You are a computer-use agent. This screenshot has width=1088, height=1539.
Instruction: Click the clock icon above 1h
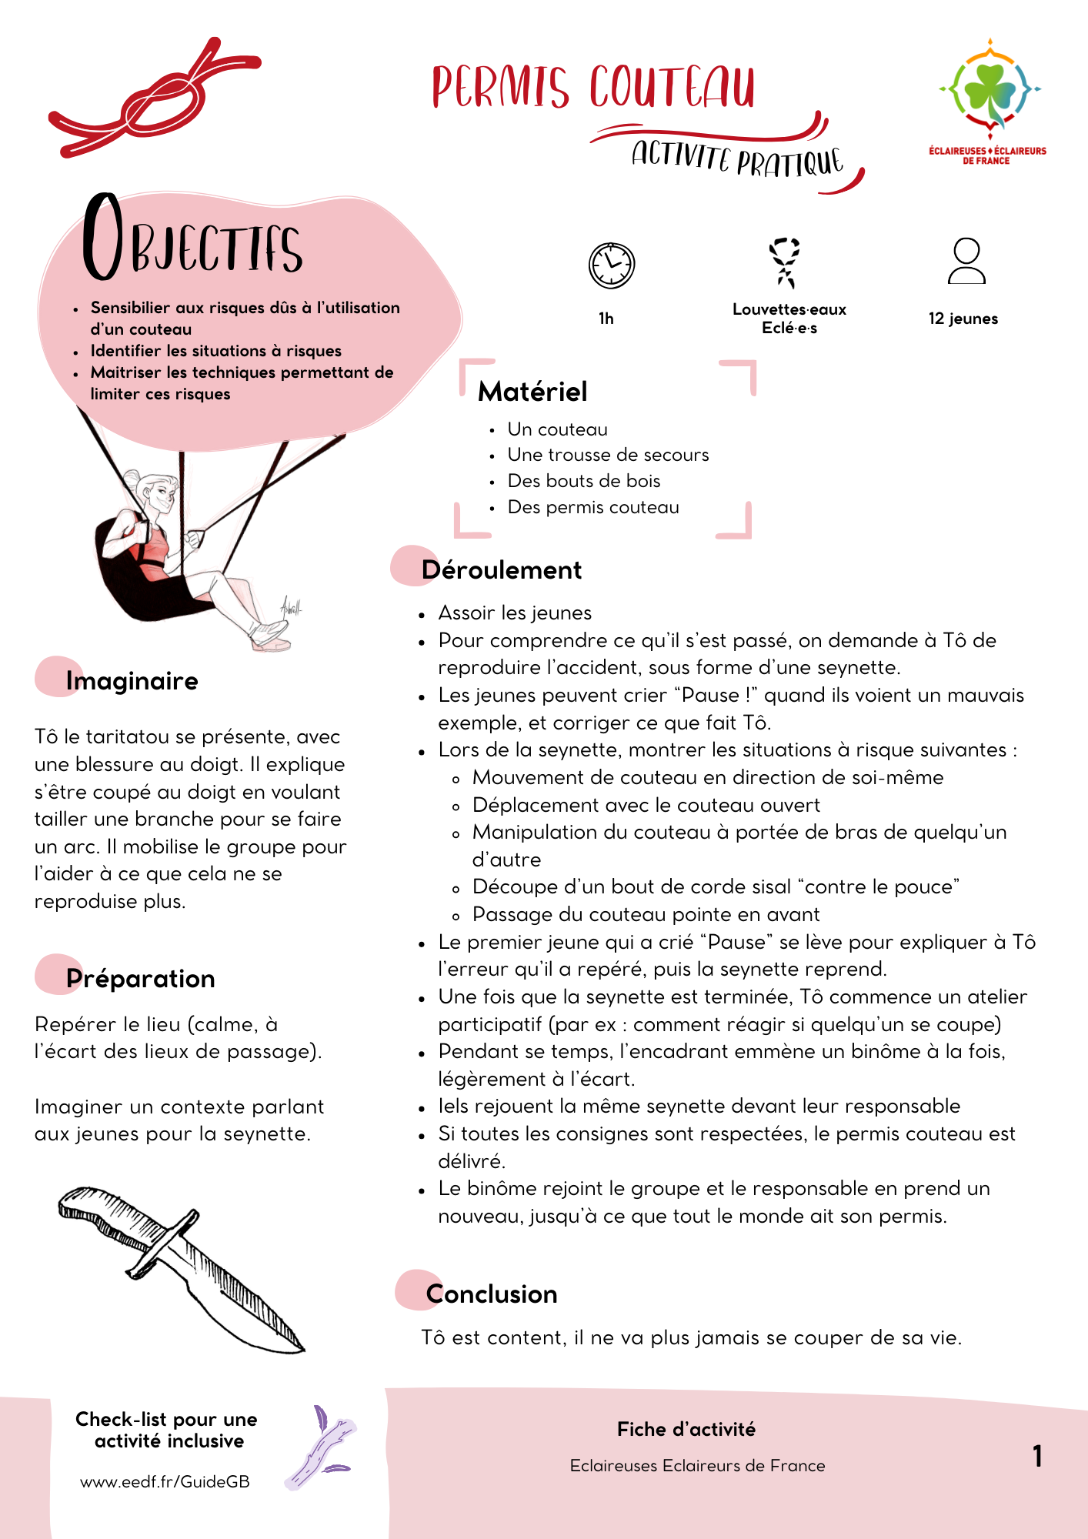point(612,265)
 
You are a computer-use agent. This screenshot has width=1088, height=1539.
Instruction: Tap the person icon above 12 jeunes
point(966,262)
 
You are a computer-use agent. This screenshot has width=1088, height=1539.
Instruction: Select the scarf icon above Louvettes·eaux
point(785,262)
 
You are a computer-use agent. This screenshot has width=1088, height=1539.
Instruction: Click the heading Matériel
point(532,392)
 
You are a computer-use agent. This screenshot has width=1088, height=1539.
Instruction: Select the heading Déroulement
point(502,570)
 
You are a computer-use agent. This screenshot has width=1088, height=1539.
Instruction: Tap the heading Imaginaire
point(132,681)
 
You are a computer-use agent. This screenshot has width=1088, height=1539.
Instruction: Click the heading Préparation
point(141,979)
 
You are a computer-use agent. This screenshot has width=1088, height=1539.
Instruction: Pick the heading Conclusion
point(492,1294)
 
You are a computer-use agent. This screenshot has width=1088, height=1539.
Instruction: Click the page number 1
point(1037,1456)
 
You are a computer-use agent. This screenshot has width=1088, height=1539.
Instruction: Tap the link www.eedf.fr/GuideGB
point(165,1482)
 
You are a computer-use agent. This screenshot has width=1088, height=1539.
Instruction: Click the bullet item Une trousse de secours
point(608,455)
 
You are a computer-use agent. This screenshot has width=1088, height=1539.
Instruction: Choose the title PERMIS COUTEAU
point(593,87)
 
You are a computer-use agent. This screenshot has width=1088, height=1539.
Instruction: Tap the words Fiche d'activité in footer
point(686,1430)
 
